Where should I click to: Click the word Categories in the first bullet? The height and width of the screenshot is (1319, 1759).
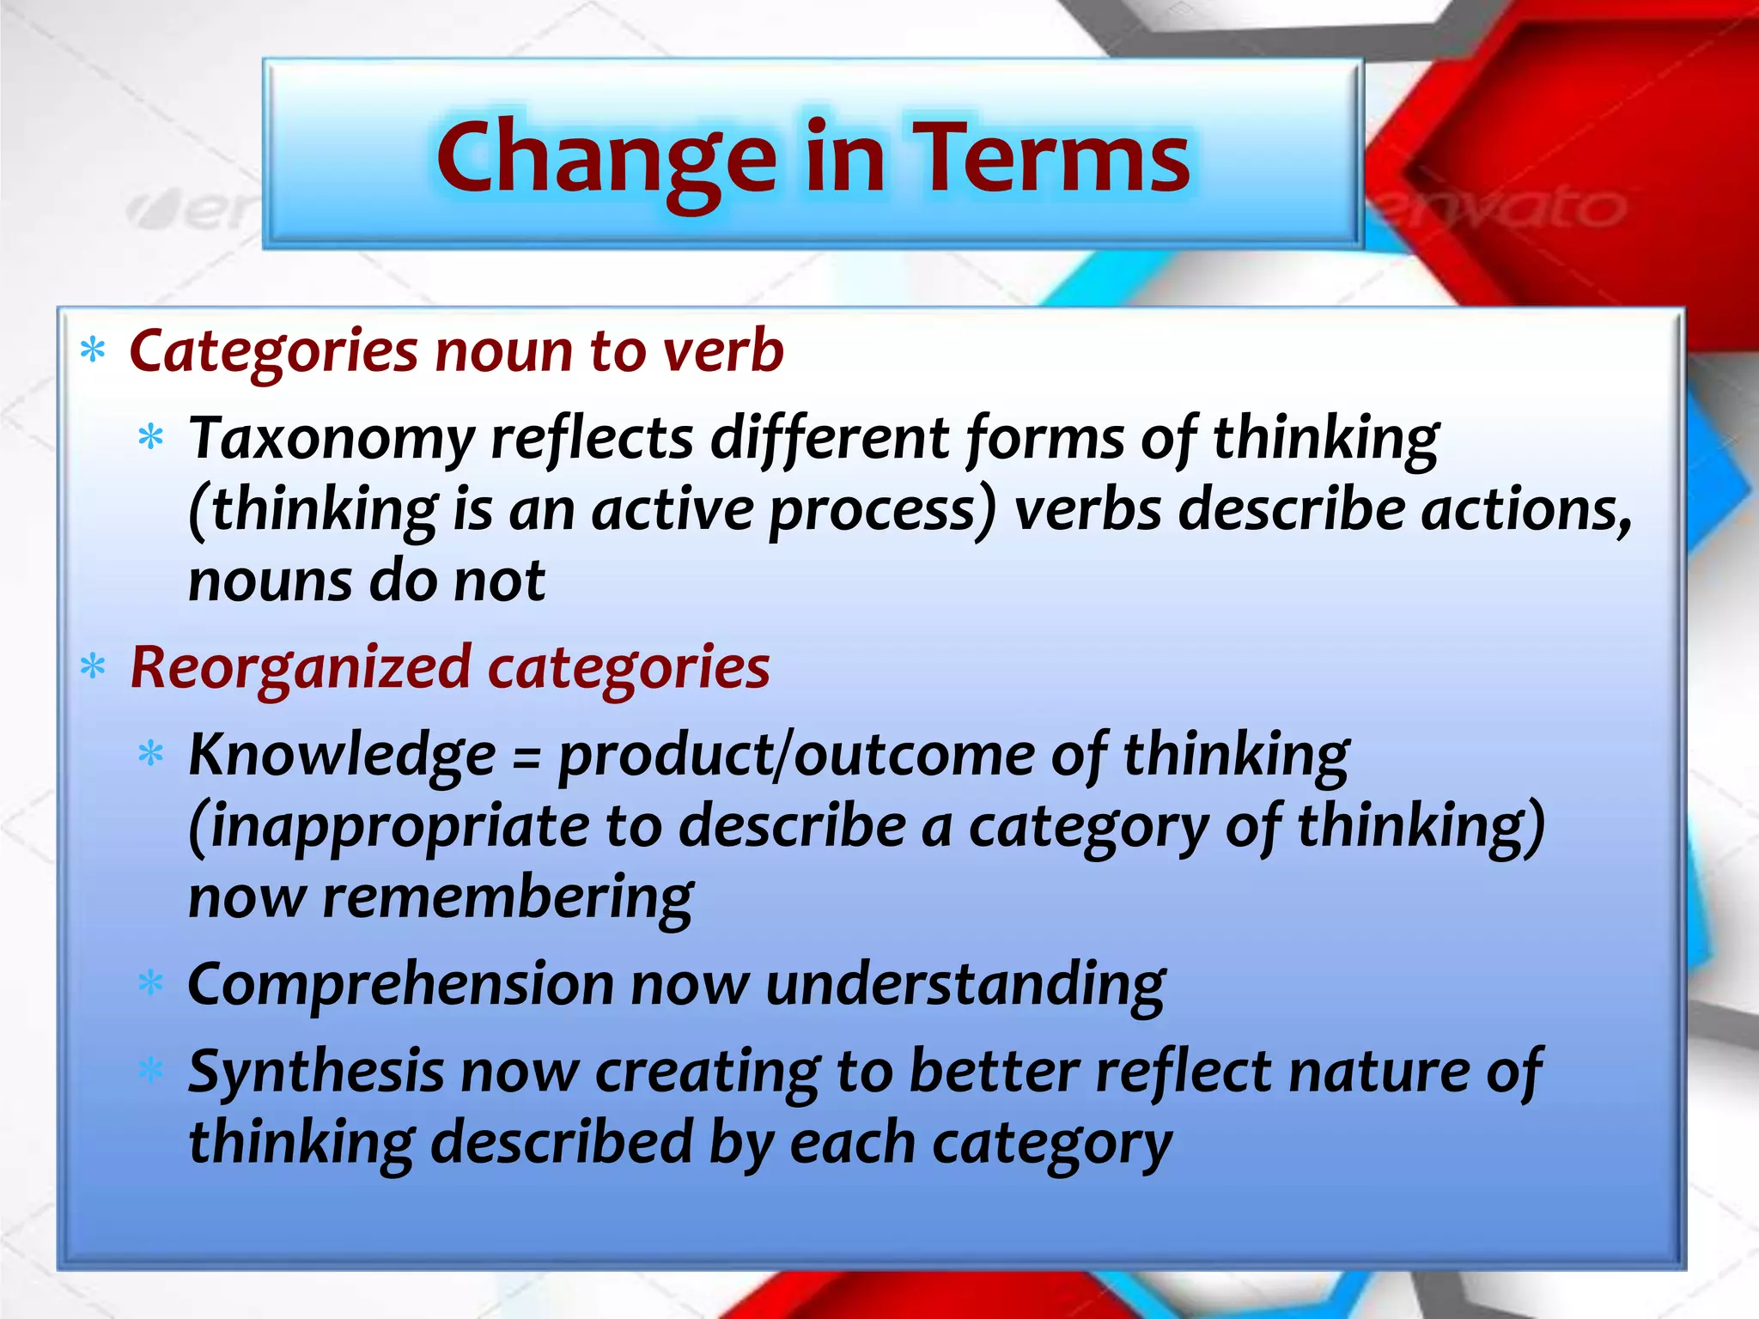point(273,352)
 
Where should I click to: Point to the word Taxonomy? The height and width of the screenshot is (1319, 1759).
point(331,441)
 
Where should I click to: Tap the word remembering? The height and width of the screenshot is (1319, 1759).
point(508,899)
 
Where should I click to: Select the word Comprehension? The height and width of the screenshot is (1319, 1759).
point(399,984)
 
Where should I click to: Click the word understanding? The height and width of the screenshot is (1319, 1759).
point(965,984)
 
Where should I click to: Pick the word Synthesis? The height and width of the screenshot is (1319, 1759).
point(315,1073)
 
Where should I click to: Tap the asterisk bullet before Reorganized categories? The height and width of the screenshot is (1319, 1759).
point(93,666)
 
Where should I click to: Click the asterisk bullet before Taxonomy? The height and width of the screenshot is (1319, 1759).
point(150,438)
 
